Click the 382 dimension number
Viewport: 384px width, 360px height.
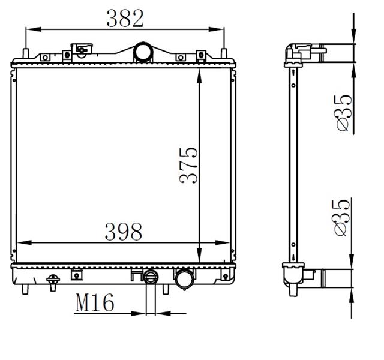tap(125, 19)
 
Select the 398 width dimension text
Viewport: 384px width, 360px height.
tap(124, 232)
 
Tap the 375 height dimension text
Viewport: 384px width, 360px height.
tap(188, 166)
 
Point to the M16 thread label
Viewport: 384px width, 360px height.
tap(95, 302)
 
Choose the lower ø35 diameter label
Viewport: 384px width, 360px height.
tap(341, 218)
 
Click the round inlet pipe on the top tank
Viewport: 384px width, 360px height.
tap(143, 52)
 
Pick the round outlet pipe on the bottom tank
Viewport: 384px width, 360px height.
tap(185, 278)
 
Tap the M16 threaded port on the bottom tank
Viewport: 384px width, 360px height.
tap(151, 277)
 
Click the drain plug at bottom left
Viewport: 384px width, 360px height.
tap(53, 283)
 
